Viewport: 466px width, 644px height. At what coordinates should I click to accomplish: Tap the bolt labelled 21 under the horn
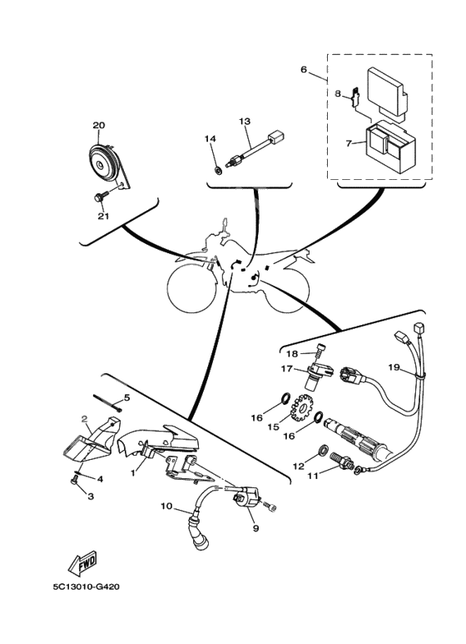point(101,196)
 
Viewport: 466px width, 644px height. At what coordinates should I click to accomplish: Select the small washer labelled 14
point(220,169)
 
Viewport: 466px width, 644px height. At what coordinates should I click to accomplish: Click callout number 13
point(245,121)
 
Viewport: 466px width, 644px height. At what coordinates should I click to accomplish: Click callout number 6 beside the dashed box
point(304,69)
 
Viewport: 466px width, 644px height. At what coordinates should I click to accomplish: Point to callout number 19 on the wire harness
point(394,367)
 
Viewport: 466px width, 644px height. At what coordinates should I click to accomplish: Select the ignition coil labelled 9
point(247,497)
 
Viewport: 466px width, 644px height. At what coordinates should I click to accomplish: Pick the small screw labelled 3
point(75,479)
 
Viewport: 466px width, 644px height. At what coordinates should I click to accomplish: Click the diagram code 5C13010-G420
point(86,587)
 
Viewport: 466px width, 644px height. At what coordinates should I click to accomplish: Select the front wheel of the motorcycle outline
point(190,290)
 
